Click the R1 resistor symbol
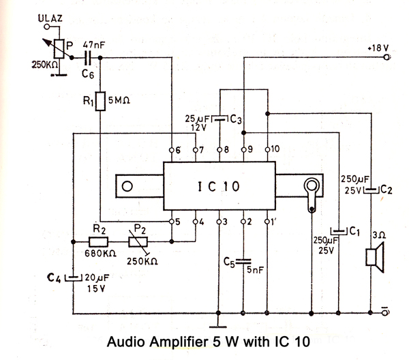pos(100,102)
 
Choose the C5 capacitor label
pos(230,260)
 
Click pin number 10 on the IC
pos(275,149)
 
